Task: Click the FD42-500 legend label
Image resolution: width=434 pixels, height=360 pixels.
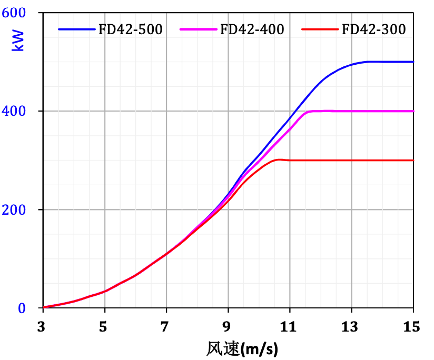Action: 131,29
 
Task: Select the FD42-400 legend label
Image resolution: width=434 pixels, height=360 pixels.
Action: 252,29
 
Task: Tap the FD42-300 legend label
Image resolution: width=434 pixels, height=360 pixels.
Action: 374,29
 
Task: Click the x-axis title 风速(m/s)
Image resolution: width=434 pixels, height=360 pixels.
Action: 242,348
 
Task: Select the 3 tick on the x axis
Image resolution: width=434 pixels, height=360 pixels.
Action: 44,327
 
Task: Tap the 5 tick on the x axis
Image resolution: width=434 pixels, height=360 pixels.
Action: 105,327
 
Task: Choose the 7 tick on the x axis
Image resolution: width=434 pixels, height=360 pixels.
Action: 166,327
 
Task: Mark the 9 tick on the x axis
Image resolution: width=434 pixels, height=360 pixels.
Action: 228,327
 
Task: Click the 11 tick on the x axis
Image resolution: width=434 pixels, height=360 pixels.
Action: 290,327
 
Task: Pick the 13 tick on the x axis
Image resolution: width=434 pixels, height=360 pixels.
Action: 351,327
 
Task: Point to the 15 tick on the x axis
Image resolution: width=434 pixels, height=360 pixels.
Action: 413,327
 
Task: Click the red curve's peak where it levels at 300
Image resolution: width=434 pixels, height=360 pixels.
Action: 278,159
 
